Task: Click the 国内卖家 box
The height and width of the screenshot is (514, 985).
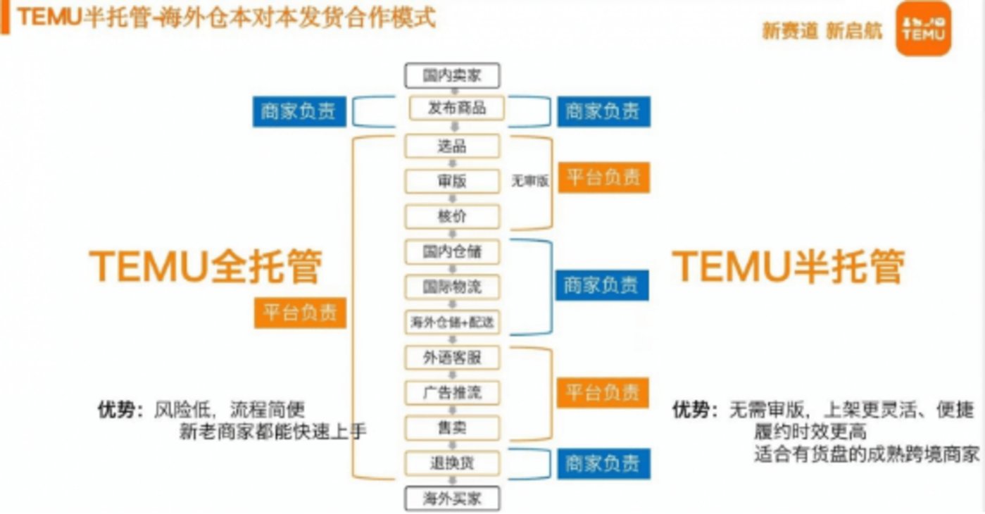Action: point(452,75)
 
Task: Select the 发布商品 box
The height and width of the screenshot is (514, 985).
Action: point(457,108)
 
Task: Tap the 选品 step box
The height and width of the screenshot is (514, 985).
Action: point(452,146)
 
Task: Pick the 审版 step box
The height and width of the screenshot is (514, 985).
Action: point(452,181)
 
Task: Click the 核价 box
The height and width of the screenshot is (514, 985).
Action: point(452,216)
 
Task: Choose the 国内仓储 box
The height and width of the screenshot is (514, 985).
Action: point(452,251)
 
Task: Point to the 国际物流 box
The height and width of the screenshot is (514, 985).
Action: point(452,287)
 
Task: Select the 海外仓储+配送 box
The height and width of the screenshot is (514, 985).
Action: point(452,322)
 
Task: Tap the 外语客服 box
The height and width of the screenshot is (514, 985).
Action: point(452,357)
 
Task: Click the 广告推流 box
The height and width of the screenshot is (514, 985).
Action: point(452,392)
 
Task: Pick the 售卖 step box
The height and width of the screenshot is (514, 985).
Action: point(452,427)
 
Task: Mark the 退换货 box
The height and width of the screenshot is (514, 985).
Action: point(452,463)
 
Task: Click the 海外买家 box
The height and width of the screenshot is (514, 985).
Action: point(452,499)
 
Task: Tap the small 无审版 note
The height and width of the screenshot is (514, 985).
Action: point(529,181)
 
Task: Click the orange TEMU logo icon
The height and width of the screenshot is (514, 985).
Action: point(923,29)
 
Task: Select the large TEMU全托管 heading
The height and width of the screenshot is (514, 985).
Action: point(206,267)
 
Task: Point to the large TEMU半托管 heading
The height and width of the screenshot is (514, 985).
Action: point(789,267)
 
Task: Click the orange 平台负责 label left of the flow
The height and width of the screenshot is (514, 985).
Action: point(301,312)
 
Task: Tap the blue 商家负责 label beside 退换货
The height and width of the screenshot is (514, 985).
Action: point(602,463)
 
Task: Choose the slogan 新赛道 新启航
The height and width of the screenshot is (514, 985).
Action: point(822,31)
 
